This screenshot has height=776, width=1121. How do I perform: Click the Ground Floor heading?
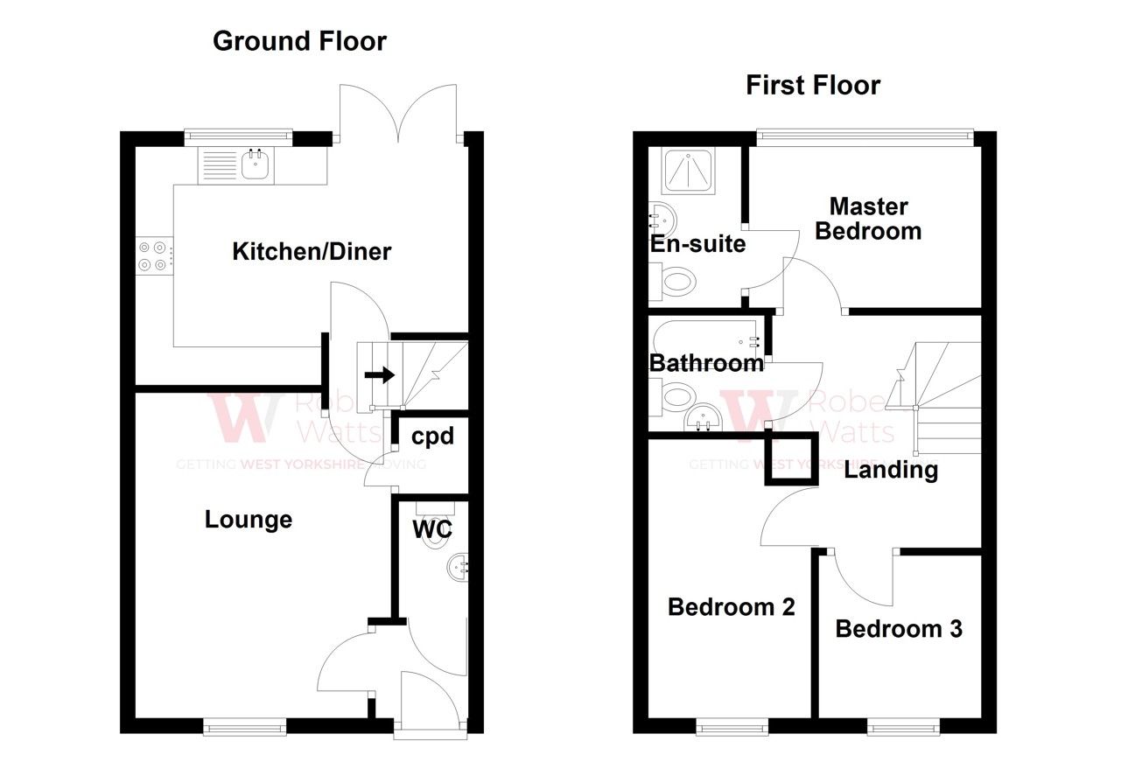pyautogui.click(x=299, y=41)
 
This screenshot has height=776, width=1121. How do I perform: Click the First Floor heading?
pyautogui.click(x=812, y=85)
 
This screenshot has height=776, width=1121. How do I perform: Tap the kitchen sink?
pyautogui.click(x=255, y=164)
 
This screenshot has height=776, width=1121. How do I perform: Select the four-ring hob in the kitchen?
pyautogui.click(x=153, y=255)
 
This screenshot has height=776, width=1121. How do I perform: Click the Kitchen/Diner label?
pyautogui.click(x=311, y=252)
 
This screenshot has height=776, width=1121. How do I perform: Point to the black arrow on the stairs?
pyautogui.click(x=379, y=375)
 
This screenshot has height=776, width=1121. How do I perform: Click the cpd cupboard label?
pyautogui.click(x=432, y=435)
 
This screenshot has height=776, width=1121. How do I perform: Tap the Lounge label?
pyautogui.click(x=248, y=520)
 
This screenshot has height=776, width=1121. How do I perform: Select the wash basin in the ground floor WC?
pyautogui.click(x=459, y=567)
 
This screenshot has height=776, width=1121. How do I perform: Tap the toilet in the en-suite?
pyautogui.click(x=676, y=282)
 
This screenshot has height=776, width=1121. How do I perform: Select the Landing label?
pyautogui.click(x=891, y=470)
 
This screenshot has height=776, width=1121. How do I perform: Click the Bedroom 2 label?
pyautogui.click(x=731, y=606)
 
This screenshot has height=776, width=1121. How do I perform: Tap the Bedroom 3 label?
pyautogui.click(x=899, y=628)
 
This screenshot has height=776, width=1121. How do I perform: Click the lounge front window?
pyautogui.click(x=245, y=724)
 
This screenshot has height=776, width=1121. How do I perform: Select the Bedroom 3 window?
pyautogui.click(x=904, y=725)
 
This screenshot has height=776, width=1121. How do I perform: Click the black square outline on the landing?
pyautogui.click(x=791, y=458)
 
